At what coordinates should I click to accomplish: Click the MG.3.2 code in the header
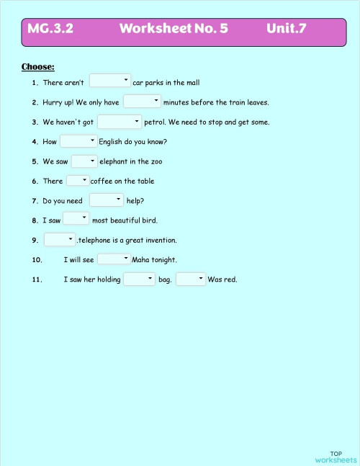point(50,29)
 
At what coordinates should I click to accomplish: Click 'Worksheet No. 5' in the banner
point(174,29)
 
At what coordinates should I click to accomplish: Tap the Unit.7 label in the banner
point(286,29)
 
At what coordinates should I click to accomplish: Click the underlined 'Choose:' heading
point(38,67)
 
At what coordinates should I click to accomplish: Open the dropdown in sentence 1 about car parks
point(109,81)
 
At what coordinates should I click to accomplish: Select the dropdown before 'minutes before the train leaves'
point(142,102)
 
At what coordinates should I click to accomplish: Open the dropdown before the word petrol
point(120,122)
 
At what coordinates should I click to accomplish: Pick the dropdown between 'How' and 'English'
point(78,141)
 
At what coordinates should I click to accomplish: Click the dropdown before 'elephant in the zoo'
point(84,161)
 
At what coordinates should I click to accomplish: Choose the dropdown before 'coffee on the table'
point(78,181)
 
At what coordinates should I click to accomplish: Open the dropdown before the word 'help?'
point(107,200)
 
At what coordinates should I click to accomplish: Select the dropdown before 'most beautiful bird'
point(76,219)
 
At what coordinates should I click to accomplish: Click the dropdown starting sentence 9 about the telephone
point(60,239)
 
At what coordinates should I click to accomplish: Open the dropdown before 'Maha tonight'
point(114,259)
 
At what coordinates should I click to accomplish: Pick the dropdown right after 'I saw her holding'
point(140,279)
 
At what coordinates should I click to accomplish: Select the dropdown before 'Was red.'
point(191,279)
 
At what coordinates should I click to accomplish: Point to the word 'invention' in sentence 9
point(160,240)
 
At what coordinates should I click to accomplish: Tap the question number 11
point(37,279)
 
